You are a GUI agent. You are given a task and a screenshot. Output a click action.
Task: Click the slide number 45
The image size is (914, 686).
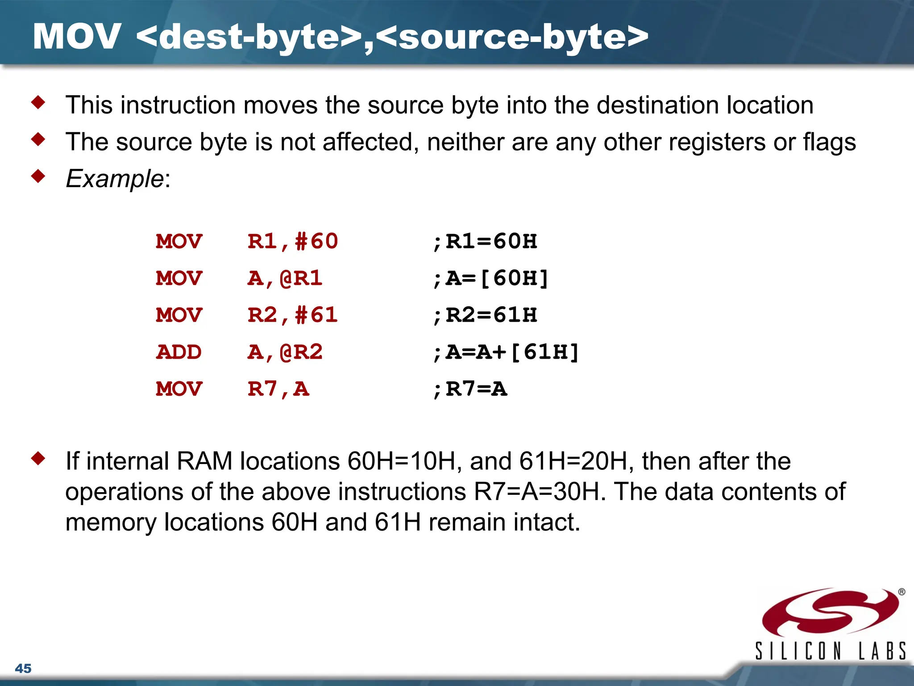click(x=23, y=668)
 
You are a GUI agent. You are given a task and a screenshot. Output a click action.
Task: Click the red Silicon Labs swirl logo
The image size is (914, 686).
click(x=830, y=612)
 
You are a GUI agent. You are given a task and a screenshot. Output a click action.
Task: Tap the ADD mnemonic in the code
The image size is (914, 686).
click(x=179, y=352)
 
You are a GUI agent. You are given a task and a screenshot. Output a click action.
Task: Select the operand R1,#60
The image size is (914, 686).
click(x=293, y=242)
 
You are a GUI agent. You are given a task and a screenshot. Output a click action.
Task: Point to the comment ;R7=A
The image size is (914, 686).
click(x=470, y=389)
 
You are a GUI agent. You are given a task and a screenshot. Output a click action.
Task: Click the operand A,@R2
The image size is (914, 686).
click(x=285, y=352)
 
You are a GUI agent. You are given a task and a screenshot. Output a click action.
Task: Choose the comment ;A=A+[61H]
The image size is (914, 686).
click(x=506, y=352)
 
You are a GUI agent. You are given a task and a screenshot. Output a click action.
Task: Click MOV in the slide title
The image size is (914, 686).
click(x=77, y=37)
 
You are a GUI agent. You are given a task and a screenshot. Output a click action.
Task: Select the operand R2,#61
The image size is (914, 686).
click(x=293, y=315)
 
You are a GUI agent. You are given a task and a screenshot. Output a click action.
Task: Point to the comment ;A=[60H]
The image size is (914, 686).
click(x=490, y=278)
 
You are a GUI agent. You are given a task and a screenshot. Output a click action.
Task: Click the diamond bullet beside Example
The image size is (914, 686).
click(x=38, y=176)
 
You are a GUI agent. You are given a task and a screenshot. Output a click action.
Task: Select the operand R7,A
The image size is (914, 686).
click(x=278, y=389)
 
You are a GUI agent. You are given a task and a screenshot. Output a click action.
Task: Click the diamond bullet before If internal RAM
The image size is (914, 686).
click(x=38, y=459)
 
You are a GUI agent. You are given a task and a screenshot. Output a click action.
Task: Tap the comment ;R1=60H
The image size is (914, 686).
click(x=485, y=242)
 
